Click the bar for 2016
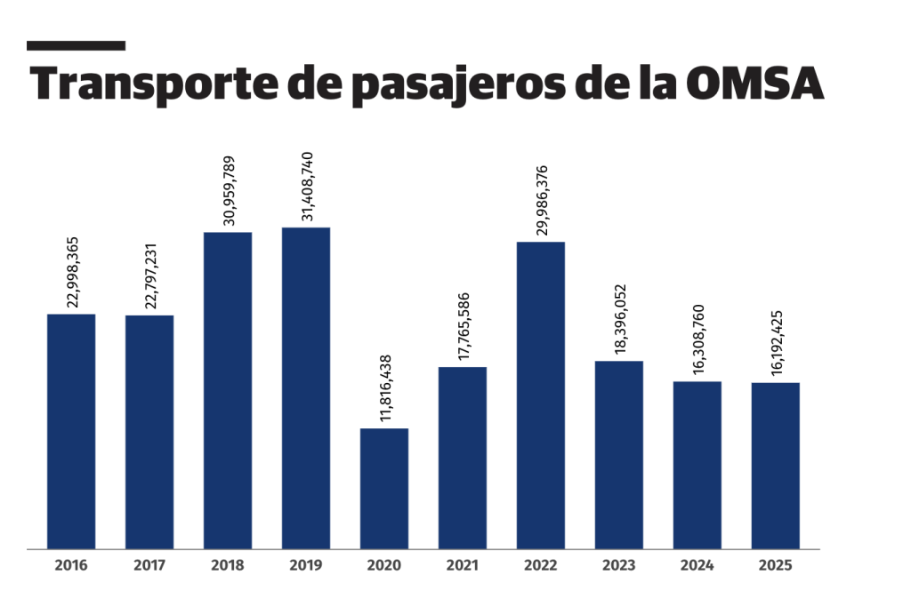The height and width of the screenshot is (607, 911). [x=71, y=431]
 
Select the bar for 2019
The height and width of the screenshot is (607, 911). [x=306, y=387]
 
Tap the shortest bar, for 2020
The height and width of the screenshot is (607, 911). [x=384, y=488]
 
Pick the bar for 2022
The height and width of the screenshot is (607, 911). [x=541, y=395]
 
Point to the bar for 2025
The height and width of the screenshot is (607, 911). [x=776, y=465]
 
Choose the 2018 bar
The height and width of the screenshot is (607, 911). [x=228, y=390]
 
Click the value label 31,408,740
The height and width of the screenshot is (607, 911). [x=307, y=188]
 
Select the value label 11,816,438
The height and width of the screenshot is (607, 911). [x=385, y=388]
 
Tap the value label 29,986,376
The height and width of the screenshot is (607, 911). [x=542, y=201]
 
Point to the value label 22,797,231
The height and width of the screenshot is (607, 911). [x=150, y=275]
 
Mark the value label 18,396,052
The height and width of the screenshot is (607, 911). [x=620, y=321]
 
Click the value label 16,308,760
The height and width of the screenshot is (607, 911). [x=698, y=341]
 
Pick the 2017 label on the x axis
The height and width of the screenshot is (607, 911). [x=149, y=565]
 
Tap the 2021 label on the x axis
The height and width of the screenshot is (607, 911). [x=463, y=565]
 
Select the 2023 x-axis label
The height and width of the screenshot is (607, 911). [x=619, y=565]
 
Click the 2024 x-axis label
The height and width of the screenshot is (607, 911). [x=697, y=565]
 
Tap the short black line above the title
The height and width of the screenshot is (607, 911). [x=76, y=45]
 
